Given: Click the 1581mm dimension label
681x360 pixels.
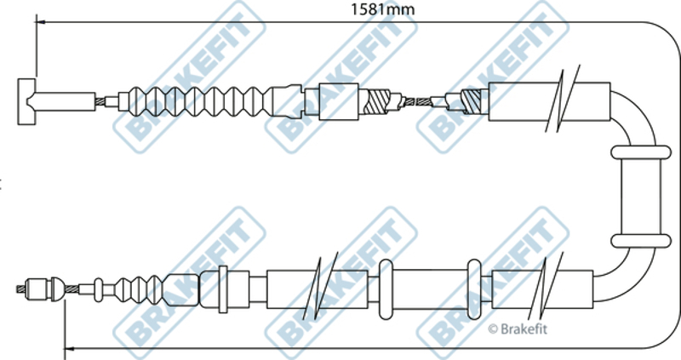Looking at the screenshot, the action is (x=382, y=9).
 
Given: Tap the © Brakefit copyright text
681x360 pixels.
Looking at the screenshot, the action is (x=518, y=329).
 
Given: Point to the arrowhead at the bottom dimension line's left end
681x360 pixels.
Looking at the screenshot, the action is (x=69, y=348).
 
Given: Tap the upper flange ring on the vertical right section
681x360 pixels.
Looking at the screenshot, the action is (x=641, y=152).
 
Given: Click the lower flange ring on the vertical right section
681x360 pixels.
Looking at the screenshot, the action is (x=641, y=241).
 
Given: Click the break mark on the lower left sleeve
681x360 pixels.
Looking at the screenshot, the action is (x=321, y=286).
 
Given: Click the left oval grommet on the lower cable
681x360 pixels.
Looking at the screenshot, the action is (x=386, y=289).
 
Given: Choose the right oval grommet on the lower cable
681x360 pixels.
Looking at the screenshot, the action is (x=474, y=289).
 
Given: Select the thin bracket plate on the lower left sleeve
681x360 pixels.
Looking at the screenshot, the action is (x=223, y=289).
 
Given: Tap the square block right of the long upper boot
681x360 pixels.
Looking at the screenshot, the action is (x=339, y=101).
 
